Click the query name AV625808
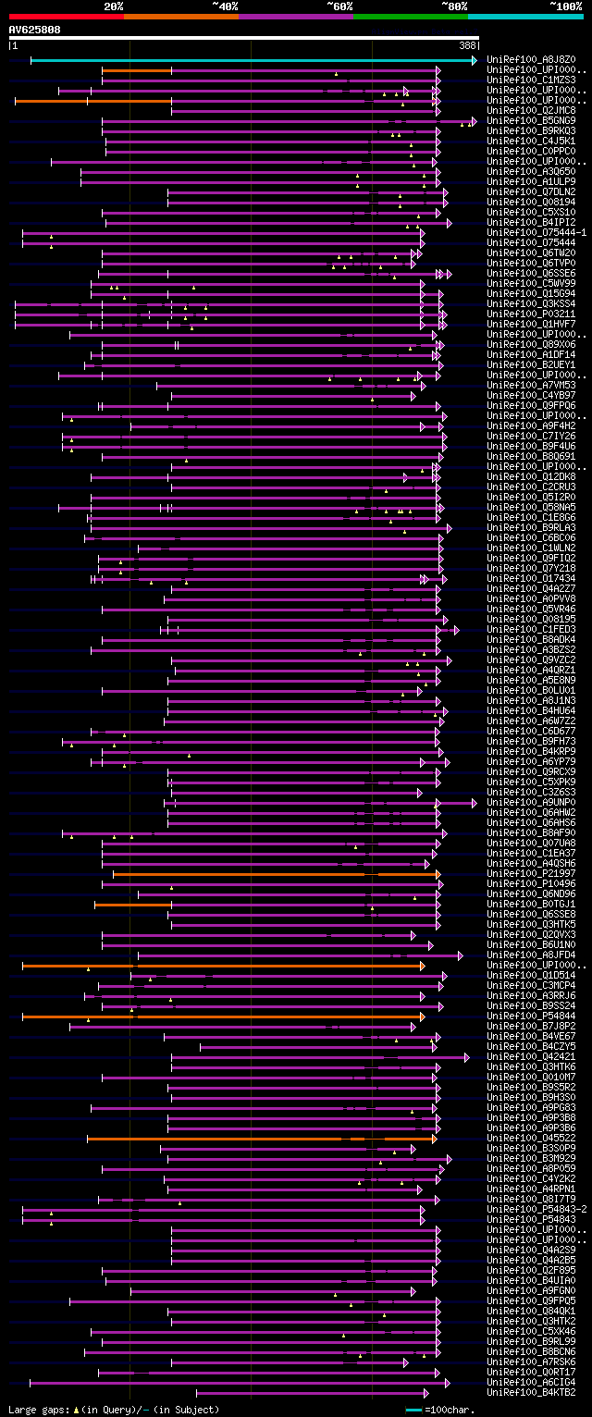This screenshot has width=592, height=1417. click(35, 30)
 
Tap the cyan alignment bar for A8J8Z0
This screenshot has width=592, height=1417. click(250, 60)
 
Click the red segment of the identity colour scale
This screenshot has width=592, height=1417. click(66, 16)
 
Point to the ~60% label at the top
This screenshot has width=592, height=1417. click(339, 6)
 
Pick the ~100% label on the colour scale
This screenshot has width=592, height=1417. click(565, 6)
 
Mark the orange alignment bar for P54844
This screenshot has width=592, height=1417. click(222, 1017)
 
